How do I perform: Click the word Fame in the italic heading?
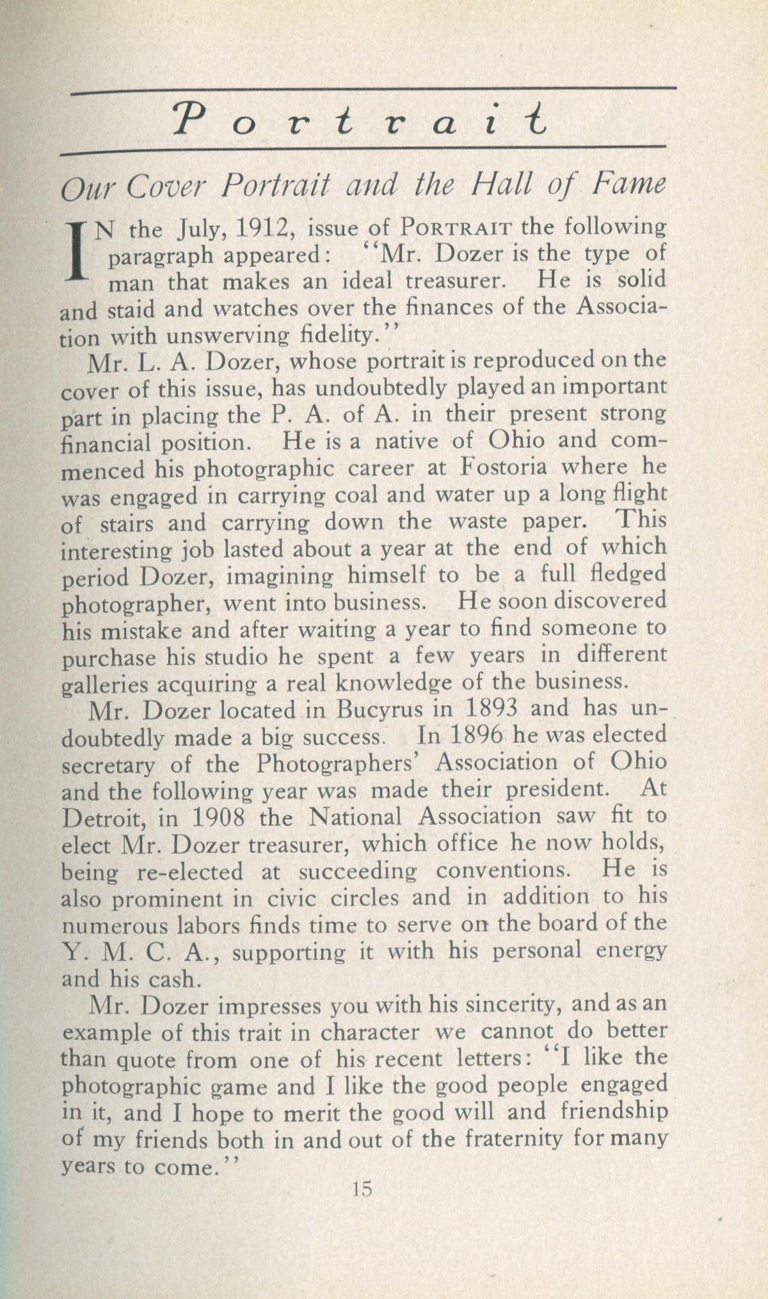point(629,185)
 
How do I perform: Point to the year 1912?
point(264,228)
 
